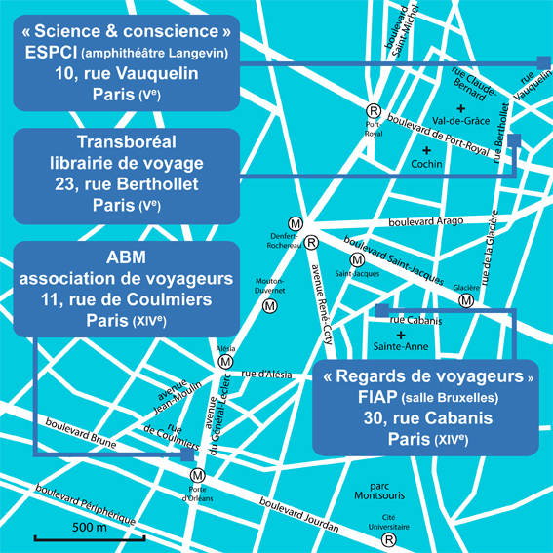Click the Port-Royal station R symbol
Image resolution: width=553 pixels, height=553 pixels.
(374, 111)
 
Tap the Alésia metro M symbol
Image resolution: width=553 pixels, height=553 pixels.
(225, 362)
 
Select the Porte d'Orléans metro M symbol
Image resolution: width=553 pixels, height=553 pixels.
(197, 475)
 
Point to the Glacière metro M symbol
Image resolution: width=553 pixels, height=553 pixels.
(466, 300)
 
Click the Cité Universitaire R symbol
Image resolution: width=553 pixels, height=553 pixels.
(389, 539)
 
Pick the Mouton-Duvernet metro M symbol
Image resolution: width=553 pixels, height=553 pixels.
(270, 306)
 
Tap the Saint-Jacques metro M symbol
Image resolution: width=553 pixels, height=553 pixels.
(357, 260)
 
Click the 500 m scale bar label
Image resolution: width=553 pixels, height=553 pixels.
(89, 528)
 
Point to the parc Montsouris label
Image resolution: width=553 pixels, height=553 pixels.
(379, 491)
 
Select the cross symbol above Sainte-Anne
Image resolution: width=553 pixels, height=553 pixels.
(401, 335)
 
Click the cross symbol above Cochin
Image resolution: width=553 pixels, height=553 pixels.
(427, 150)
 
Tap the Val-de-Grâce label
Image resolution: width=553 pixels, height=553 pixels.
(461, 121)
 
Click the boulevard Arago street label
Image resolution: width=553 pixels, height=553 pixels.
(425, 221)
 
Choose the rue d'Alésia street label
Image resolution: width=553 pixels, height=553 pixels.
(266, 374)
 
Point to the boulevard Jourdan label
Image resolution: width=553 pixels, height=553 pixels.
(299, 515)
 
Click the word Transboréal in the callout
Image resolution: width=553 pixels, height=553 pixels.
(127, 142)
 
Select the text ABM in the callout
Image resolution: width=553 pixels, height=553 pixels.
(126, 257)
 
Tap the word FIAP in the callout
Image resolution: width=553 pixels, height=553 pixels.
(377, 397)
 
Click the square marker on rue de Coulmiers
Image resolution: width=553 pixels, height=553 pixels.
(187, 454)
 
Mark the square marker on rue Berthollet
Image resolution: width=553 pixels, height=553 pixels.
(514, 140)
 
